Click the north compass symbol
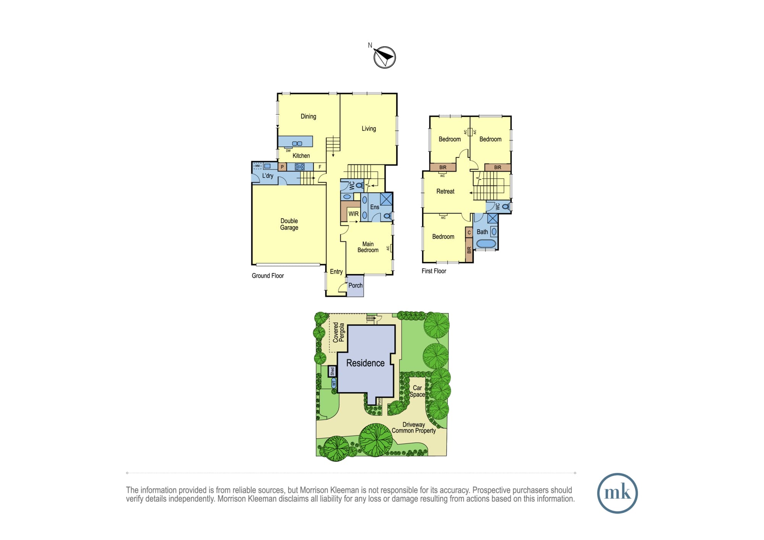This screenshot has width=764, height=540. [x=384, y=57]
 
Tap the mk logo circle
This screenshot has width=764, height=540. [x=617, y=493]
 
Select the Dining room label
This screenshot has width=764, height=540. [x=308, y=116]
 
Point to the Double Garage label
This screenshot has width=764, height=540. [x=289, y=224]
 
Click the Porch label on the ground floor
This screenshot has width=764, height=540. [x=355, y=285]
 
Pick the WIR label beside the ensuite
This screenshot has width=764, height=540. [x=353, y=214]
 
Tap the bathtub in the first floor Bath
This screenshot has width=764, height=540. [x=486, y=244]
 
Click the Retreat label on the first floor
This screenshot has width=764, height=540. [x=445, y=191]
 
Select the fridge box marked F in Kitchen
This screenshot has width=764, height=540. [x=320, y=167]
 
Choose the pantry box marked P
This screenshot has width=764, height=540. [x=282, y=167]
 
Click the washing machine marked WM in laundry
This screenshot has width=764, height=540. [x=257, y=166]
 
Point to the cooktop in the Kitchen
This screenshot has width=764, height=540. [x=299, y=167]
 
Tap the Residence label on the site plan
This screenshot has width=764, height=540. [x=365, y=363]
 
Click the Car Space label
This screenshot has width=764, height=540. [x=417, y=391]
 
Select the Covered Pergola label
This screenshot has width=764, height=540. [x=338, y=332]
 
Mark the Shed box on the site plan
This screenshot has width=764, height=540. [x=332, y=371]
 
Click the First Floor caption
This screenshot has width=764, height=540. [x=434, y=271]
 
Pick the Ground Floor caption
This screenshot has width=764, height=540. [x=268, y=276]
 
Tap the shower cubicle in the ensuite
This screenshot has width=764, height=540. [x=386, y=199]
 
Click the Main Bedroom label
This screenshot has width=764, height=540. [x=368, y=247]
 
